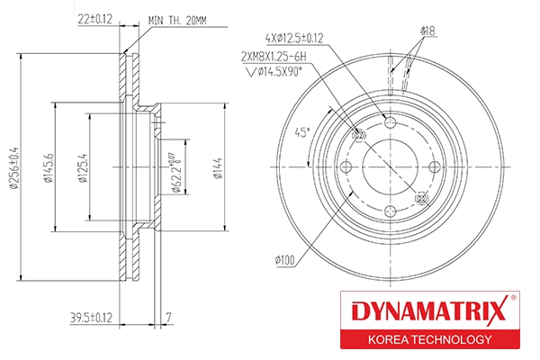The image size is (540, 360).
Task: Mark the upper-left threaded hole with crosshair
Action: coord(358,136)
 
